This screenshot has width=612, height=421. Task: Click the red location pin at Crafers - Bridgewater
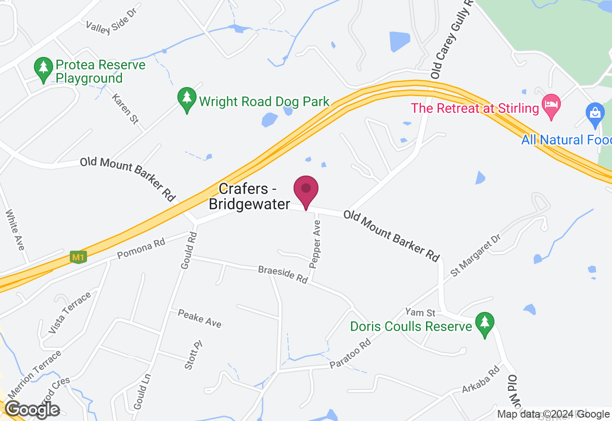[306, 190]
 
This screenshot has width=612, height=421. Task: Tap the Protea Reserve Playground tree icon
[44, 69]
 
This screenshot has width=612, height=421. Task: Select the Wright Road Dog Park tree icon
[186, 99]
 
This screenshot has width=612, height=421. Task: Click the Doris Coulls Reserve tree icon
[485, 324]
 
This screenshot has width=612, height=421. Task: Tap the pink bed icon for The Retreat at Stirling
[551, 106]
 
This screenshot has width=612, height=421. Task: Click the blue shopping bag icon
[595, 114]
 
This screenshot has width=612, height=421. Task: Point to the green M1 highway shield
[77, 257]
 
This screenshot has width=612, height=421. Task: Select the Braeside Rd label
[283, 275]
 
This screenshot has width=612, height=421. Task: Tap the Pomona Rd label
[141, 249]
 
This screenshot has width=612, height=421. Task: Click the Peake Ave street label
[200, 319]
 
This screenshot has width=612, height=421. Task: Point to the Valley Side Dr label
[111, 27]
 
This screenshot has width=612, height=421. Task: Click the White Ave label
[15, 230]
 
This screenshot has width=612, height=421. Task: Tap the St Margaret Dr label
[475, 255]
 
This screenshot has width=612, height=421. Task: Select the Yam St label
[420, 313]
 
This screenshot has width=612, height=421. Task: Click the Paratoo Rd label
[350, 355]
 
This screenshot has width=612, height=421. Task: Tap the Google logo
[33, 410]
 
